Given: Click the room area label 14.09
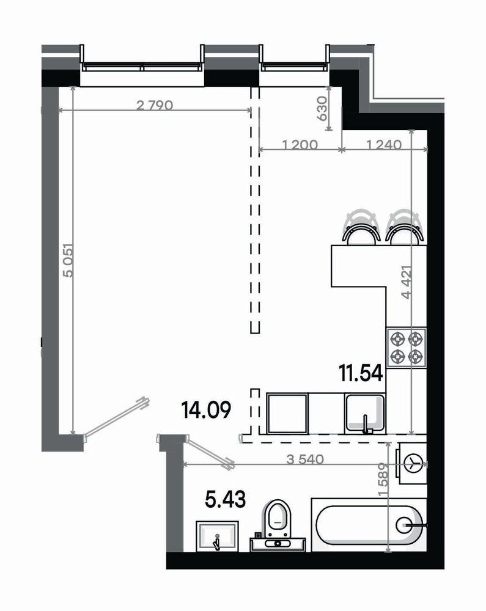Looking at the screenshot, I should [x=206, y=409].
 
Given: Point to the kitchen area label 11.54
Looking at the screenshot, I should [x=361, y=372].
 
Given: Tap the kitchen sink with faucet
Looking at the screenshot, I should [x=365, y=414].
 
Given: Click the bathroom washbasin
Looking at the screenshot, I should [x=217, y=536].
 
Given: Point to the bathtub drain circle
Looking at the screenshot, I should [x=404, y=524].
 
